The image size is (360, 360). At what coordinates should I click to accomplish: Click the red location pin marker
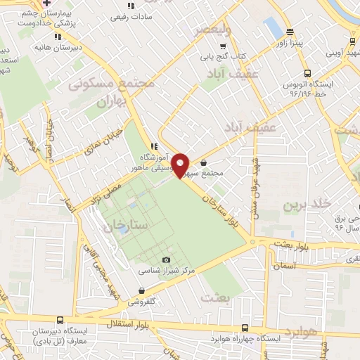[181, 165]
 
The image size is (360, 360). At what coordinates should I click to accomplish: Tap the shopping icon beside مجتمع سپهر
[203, 163]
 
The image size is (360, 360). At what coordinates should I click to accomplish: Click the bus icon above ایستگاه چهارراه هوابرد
[244, 328]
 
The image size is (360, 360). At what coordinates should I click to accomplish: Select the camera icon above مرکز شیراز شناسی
[166, 260]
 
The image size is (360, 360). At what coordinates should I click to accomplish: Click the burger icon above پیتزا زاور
[290, 32]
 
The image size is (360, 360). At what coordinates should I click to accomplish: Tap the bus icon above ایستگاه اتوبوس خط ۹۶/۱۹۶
[307, 73]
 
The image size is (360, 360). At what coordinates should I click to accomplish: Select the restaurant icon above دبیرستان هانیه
[58, 37]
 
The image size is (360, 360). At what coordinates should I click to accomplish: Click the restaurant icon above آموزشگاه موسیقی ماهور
[153, 146]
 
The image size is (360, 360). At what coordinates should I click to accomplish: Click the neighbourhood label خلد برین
[306, 205]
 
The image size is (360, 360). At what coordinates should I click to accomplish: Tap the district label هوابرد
[302, 330]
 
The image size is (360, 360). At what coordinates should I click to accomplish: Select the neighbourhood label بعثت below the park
[215, 297]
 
